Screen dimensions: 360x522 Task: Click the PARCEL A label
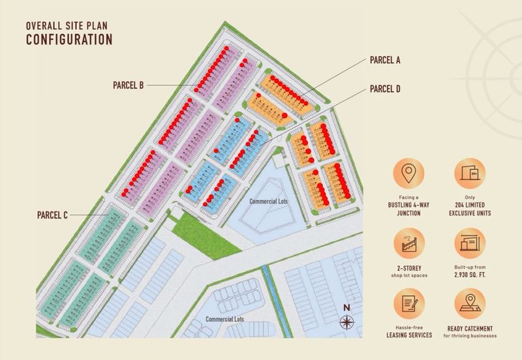pyautogui.click(x=385, y=61)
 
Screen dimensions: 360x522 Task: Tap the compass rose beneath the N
pyautogui.click(x=346, y=322)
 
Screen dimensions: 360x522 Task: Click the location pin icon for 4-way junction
pyautogui.click(x=410, y=174)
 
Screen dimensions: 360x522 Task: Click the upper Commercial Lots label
pyautogui.click(x=268, y=202)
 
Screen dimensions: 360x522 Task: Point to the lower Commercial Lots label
pyautogui.click(x=224, y=320)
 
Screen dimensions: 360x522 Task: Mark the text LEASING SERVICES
pyautogui.click(x=410, y=335)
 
